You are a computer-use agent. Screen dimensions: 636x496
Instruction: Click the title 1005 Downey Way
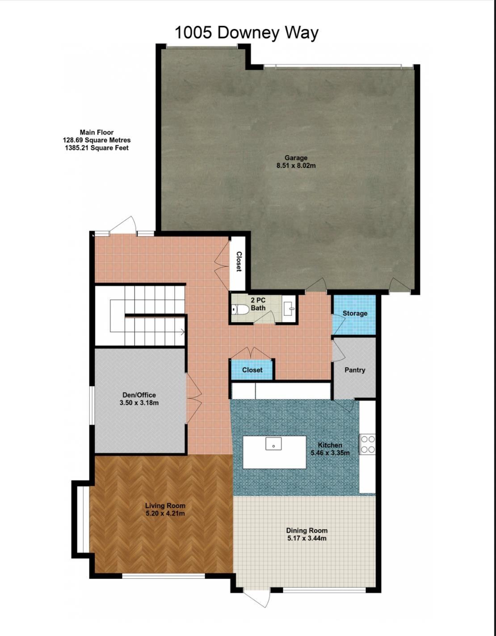[x=246, y=33]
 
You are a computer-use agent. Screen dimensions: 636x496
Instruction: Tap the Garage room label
[x=296, y=157]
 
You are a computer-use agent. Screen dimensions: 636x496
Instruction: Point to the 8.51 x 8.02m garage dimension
[x=296, y=165]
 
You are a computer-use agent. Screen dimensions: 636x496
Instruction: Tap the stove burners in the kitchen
[x=368, y=444]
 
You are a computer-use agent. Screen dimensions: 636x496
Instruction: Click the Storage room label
[x=355, y=314]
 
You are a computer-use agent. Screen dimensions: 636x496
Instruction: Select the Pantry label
[x=355, y=370]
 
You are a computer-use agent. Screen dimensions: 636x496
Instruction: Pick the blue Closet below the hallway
[x=252, y=370]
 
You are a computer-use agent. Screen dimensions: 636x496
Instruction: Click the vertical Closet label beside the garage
[x=239, y=262]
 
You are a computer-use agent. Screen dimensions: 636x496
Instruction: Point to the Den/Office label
[x=139, y=395]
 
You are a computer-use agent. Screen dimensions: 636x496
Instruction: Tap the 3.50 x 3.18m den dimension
[x=139, y=403]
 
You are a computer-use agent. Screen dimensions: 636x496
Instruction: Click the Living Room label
[x=165, y=505]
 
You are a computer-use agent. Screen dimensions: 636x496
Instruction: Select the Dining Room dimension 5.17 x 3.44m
[x=307, y=538]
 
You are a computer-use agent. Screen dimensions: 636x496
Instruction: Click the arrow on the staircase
[x=182, y=332]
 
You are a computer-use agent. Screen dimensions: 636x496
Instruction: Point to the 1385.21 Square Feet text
[x=97, y=148]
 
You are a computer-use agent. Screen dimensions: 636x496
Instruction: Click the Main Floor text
[x=97, y=132]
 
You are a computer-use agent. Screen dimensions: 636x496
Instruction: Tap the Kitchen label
[x=330, y=445]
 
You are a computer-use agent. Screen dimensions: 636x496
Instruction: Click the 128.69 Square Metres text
[x=97, y=140]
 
